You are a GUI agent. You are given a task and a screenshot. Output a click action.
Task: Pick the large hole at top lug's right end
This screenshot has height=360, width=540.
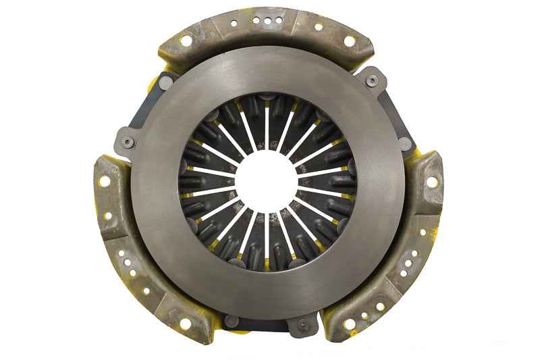pos(349,41)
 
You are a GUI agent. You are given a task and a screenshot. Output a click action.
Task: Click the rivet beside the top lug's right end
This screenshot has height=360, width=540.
pos(371,81)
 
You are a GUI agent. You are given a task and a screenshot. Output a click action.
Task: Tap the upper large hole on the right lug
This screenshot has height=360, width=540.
pos(428,183)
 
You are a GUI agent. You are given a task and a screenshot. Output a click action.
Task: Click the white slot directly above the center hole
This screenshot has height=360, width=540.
pos(267,126)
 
